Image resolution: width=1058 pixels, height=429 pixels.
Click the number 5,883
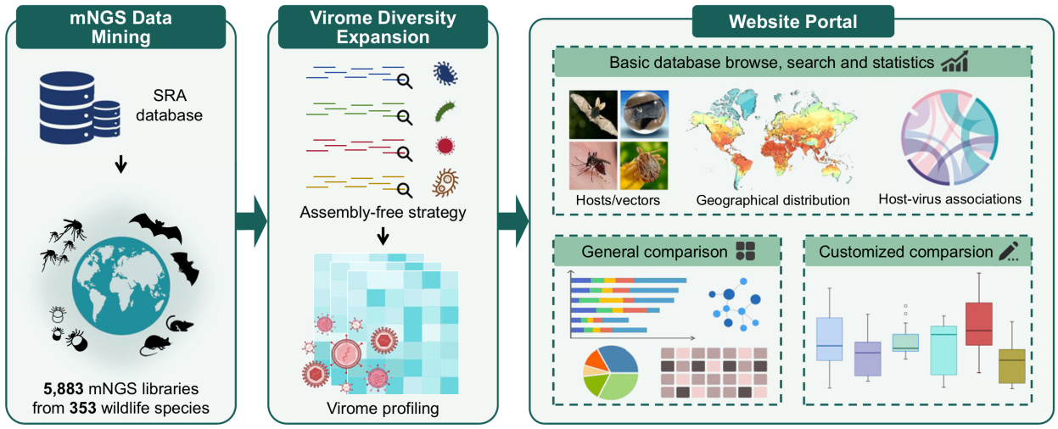click(x=63, y=390)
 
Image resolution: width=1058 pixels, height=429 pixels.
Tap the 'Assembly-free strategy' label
click(x=383, y=212)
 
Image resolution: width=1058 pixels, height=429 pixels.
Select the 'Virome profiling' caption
click(x=383, y=409)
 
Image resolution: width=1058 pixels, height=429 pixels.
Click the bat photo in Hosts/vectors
click(x=593, y=114)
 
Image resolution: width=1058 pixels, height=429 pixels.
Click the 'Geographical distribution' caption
click(x=772, y=201)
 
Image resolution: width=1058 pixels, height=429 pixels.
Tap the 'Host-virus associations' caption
click(x=949, y=200)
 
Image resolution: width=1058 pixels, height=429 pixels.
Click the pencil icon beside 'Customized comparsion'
click(x=1008, y=251)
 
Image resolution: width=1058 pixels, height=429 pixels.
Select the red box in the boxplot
click(x=979, y=323)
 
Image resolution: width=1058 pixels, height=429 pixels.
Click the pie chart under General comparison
click(x=610, y=373)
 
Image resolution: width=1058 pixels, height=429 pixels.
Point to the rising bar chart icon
click(x=955, y=63)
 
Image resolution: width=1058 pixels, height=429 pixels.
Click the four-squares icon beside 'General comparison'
click(x=746, y=251)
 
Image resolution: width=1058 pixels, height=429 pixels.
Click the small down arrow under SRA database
click(x=120, y=164)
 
